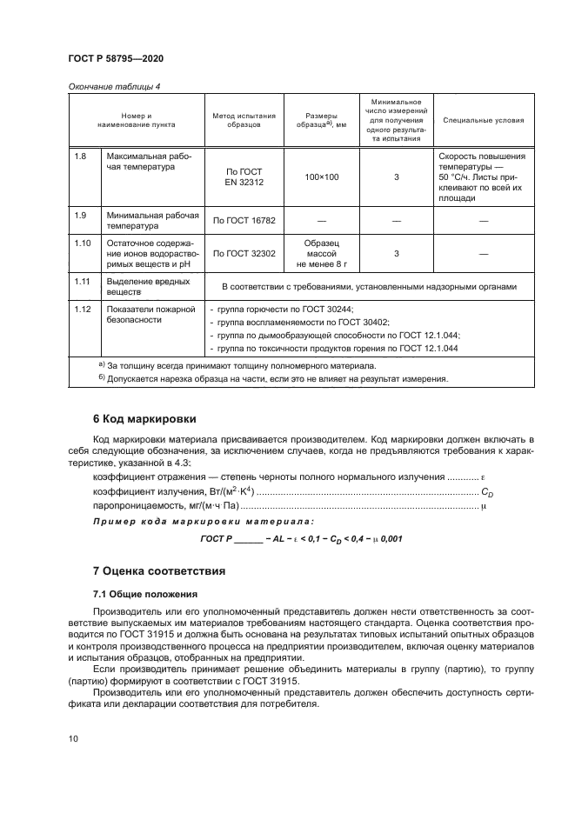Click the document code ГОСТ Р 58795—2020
click(116, 58)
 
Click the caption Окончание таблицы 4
click(113, 85)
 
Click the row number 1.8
click(80, 156)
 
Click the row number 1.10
click(83, 243)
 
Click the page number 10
click(73, 739)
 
